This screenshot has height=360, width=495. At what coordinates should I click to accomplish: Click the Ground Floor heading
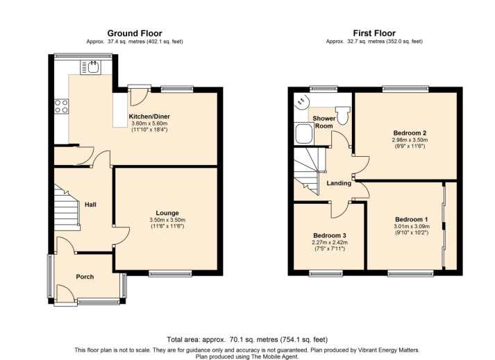(x=135, y=33)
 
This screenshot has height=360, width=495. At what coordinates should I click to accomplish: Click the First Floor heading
(x=374, y=33)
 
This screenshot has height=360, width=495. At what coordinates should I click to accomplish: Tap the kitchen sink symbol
(x=90, y=67)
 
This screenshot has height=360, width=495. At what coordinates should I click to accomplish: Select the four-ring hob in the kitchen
(x=61, y=106)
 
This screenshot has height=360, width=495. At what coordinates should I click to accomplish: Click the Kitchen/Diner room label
(x=149, y=117)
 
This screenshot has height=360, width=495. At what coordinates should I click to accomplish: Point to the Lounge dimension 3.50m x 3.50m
(x=167, y=220)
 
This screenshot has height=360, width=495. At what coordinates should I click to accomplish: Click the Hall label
(x=90, y=205)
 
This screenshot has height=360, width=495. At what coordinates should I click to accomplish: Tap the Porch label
(x=85, y=277)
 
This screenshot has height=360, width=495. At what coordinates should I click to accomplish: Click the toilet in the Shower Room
(x=342, y=115)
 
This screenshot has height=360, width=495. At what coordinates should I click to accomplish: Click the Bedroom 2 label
(x=410, y=132)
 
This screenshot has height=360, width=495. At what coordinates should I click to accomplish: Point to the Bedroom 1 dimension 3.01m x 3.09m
(x=412, y=226)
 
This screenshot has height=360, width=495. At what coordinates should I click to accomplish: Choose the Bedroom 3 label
(x=330, y=235)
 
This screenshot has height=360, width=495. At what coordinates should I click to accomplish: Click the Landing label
(x=339, y=183)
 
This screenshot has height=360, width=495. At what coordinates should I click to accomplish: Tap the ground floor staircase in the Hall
(x=67, y=207)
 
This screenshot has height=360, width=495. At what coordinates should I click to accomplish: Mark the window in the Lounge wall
(x=170, y=273)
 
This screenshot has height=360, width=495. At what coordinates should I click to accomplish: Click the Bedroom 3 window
(x=326, y=273)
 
